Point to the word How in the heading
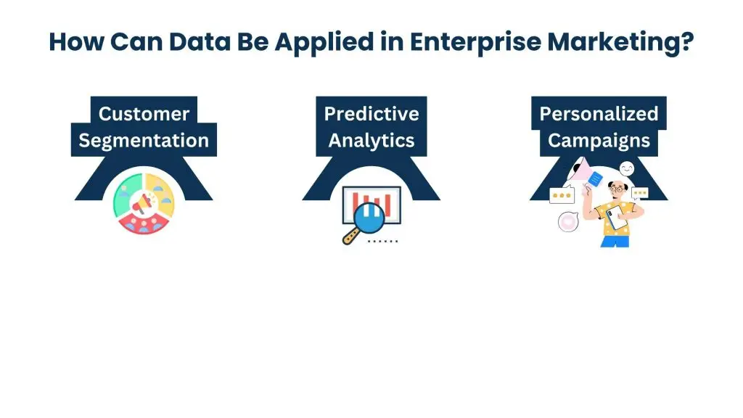click(74, 42)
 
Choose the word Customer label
click(144, 114)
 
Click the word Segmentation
click(144, 140)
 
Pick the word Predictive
click(371, 114)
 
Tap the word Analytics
click(371, 140)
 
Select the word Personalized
click(599, 114)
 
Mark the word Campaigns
click(599, 140)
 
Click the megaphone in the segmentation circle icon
click(145, 202)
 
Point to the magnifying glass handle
click(351, 237)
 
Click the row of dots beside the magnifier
click(382, 239)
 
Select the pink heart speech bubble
click(567, 222)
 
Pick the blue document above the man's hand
click(594, 177)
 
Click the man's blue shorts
click(614, 240)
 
